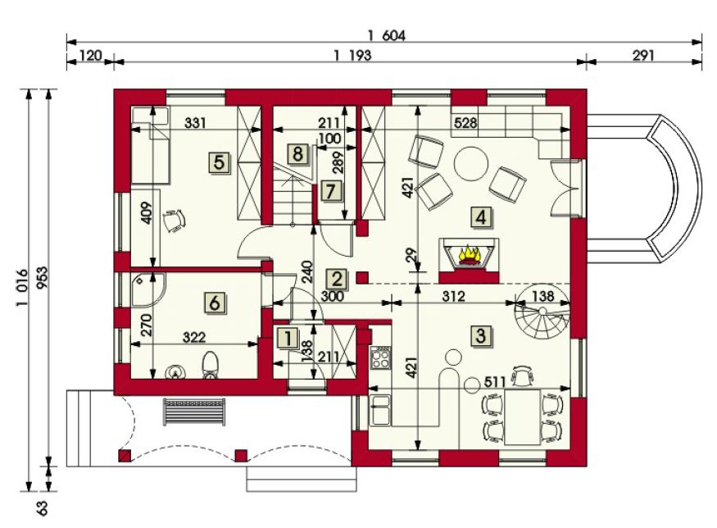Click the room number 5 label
click(x=220, y=163)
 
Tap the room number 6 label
click(x=215, y=303)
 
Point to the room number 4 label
click(x=480, y=217)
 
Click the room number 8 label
click(x=297, y=154)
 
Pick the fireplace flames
click(x=468, y=256)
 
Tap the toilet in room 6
click(x=211, y=365)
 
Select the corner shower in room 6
click(x=147, y=290)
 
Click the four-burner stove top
click(x=380, y=357)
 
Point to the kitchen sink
click(x=380, y=409)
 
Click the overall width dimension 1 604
click(x=387, y=35)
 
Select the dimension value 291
click(x=643, y=56)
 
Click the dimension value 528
click(x=465, y=123)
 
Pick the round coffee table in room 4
click(x=471, y=164)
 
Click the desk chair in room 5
click(x=175, y=221)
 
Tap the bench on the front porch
click(x=194, y=412)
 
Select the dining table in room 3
click(x=522, y=416)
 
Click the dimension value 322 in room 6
click(x=194, y=337)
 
